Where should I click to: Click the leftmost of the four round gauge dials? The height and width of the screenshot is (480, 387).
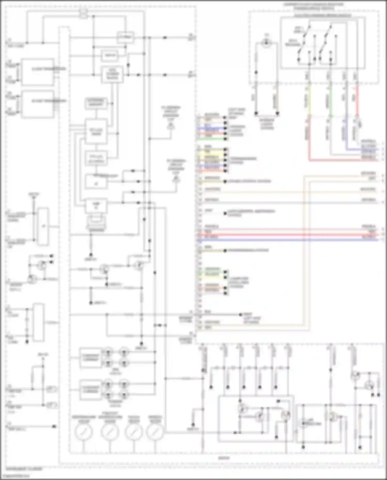tap(83, 432)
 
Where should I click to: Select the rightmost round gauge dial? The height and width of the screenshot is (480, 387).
tap(155, 432)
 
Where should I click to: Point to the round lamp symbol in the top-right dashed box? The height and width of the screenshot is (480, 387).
tap(266, 43)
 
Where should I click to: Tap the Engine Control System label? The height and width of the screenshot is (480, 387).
tap(249, 181)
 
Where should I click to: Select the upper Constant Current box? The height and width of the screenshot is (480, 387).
tap(90, 357)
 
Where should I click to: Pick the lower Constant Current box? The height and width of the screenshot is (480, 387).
tap(90, 389)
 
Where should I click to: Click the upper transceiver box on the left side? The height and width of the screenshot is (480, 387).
tap(38, 72)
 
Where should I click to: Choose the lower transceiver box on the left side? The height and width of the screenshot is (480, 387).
tap(38, 104)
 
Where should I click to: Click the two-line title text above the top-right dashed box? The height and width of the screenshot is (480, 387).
tap(313, 6)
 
